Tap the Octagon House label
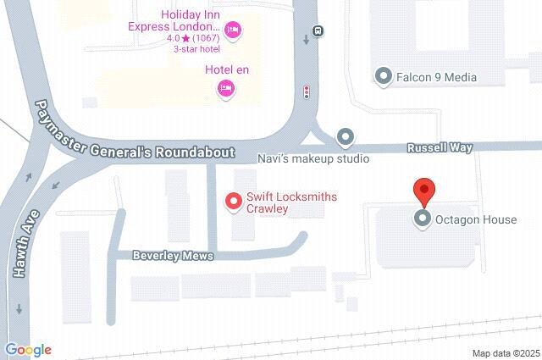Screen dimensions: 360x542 [x=475, y=220]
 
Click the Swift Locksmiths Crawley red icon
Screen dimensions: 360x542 [x=231, y=202]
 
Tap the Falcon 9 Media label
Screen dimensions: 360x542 [x=436, y=77]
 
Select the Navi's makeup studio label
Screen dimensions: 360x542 [x=313, y=158]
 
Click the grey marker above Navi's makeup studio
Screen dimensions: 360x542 [x=345, y=136]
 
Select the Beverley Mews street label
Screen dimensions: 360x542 [x=173, y=255]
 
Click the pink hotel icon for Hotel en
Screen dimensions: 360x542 [x=225, y=87]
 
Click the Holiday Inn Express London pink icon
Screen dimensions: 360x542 [x=235, y=31]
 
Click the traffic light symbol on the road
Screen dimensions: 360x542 [x=307, y=91]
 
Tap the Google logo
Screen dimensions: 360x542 [x=28, y=350]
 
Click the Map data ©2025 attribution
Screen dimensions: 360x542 [x=506, y=353]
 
